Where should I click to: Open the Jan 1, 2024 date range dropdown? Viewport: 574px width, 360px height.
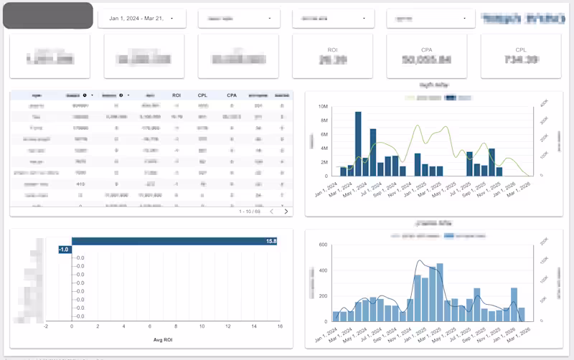pos(141,19)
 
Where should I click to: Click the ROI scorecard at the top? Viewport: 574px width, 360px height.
pos(332,56)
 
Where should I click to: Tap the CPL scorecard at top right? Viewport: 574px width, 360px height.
pos(521,56)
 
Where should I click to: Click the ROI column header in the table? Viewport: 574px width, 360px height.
pos(177,95)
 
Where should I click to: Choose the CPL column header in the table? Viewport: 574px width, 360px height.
pos(203,95)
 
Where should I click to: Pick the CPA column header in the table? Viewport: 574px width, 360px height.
pos(232,95)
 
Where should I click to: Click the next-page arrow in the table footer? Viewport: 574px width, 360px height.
pos(286,212)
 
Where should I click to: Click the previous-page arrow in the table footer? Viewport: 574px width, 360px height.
pos(271,212)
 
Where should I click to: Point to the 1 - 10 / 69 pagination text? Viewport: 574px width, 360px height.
pos(250,212)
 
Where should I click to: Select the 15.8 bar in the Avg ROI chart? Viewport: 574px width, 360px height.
pos(175,241)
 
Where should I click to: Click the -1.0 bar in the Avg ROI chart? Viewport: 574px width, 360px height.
pos(65,249)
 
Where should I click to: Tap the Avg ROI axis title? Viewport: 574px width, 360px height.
pos(161,339)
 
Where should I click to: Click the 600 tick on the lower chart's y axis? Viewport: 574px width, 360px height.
pos(322,245)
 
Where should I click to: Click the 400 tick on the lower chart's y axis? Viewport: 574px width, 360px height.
pos(322,270)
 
